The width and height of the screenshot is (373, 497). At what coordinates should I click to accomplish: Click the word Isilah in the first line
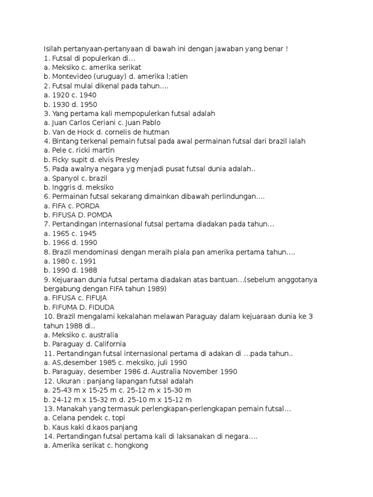(53, 49)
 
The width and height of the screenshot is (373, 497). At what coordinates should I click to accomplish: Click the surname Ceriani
(107, 123)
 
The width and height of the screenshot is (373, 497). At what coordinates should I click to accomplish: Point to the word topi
(113, 418)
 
